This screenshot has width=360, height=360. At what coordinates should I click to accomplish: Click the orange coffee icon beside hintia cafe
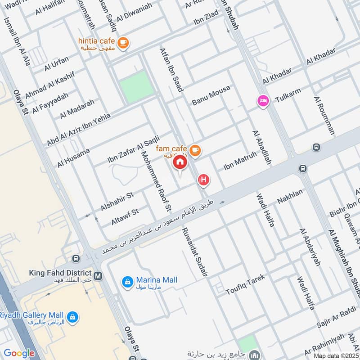tap(123, 43)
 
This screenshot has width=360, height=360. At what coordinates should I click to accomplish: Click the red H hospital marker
tap(204, 180)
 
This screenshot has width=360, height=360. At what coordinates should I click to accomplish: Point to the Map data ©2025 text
tap(335, 355)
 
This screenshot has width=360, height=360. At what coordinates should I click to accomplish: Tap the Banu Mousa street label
tap(211, 95)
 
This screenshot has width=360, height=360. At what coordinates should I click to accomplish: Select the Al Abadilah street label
tap(262, 147)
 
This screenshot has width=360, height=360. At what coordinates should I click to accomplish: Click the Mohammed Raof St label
tap(156, 181)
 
